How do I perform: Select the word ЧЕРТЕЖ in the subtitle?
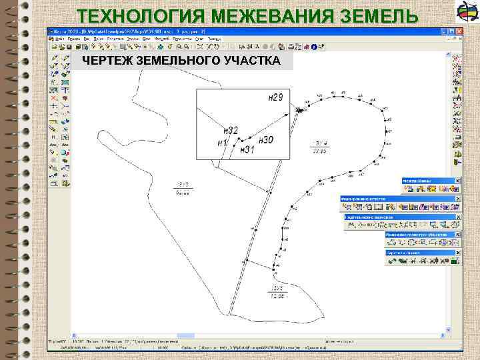[x=105, y=61]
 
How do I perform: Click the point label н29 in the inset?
[x=275, y=97]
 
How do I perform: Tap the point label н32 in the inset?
[x=231, y=130]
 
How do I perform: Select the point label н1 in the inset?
[x=223, y=143]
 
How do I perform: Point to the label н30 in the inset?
[x=265, y=140]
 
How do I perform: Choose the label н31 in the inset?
[x=247, y=149]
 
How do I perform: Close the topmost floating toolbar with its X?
[x=458, y=181]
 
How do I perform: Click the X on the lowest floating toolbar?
[x=458, y=253]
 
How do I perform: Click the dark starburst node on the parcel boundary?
[x=300, y=109]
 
